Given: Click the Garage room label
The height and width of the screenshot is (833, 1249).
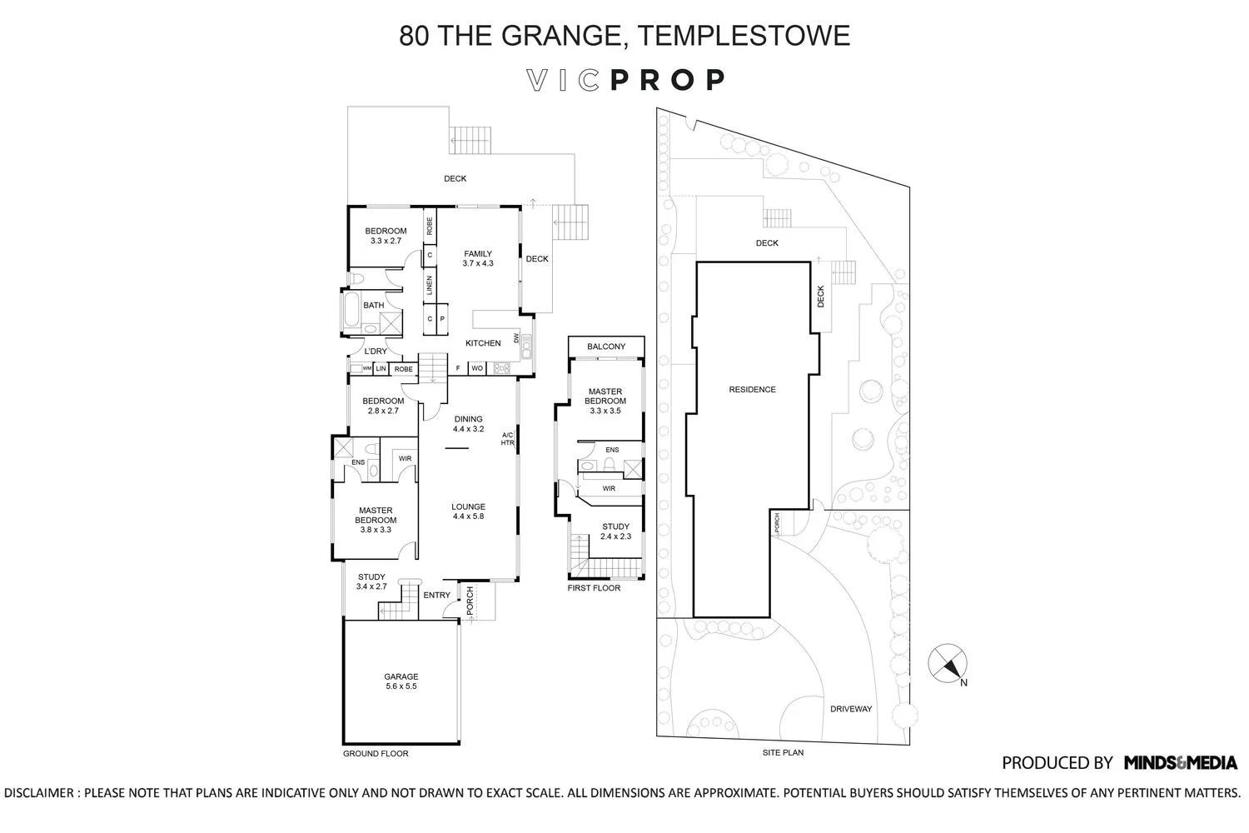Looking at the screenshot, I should [x=401, y=681].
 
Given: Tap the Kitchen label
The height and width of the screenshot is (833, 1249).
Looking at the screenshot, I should [x=483, y=343].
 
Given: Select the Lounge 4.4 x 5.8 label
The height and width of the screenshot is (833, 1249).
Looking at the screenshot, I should [x=468, y=511].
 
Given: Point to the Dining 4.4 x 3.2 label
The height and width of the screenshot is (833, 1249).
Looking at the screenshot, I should [x=468, y=424].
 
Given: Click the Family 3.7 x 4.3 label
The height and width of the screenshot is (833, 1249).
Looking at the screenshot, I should [x=478, y=258].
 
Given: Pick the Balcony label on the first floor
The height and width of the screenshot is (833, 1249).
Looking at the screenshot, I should [x=605, y=347].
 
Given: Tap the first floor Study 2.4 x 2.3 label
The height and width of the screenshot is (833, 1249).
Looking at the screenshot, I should [x=615, y=531].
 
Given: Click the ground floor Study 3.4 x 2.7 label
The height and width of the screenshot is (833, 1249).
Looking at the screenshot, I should [x=371, y=581].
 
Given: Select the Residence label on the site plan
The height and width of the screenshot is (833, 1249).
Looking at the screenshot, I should [x=752, y=390].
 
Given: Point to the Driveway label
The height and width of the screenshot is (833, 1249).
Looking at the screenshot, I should [x=851, y=709].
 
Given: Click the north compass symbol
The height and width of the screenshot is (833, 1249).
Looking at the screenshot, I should [x=948, y=664].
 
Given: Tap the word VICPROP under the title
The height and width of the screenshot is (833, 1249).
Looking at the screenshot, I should [x=625, y=80].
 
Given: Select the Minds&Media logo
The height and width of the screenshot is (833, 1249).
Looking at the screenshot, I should [x=1180, y=762].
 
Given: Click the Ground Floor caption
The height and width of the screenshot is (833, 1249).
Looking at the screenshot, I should [x=376, y=754].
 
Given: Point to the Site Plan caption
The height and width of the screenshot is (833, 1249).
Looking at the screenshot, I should [x=783, y=752].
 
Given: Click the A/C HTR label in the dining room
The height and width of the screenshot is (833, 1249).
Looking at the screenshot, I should [x=507, y=439].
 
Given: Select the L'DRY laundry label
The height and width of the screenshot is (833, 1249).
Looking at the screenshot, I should [x=376, y=352].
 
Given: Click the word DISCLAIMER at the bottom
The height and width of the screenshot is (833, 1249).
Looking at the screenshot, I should [x=40, y=793].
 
